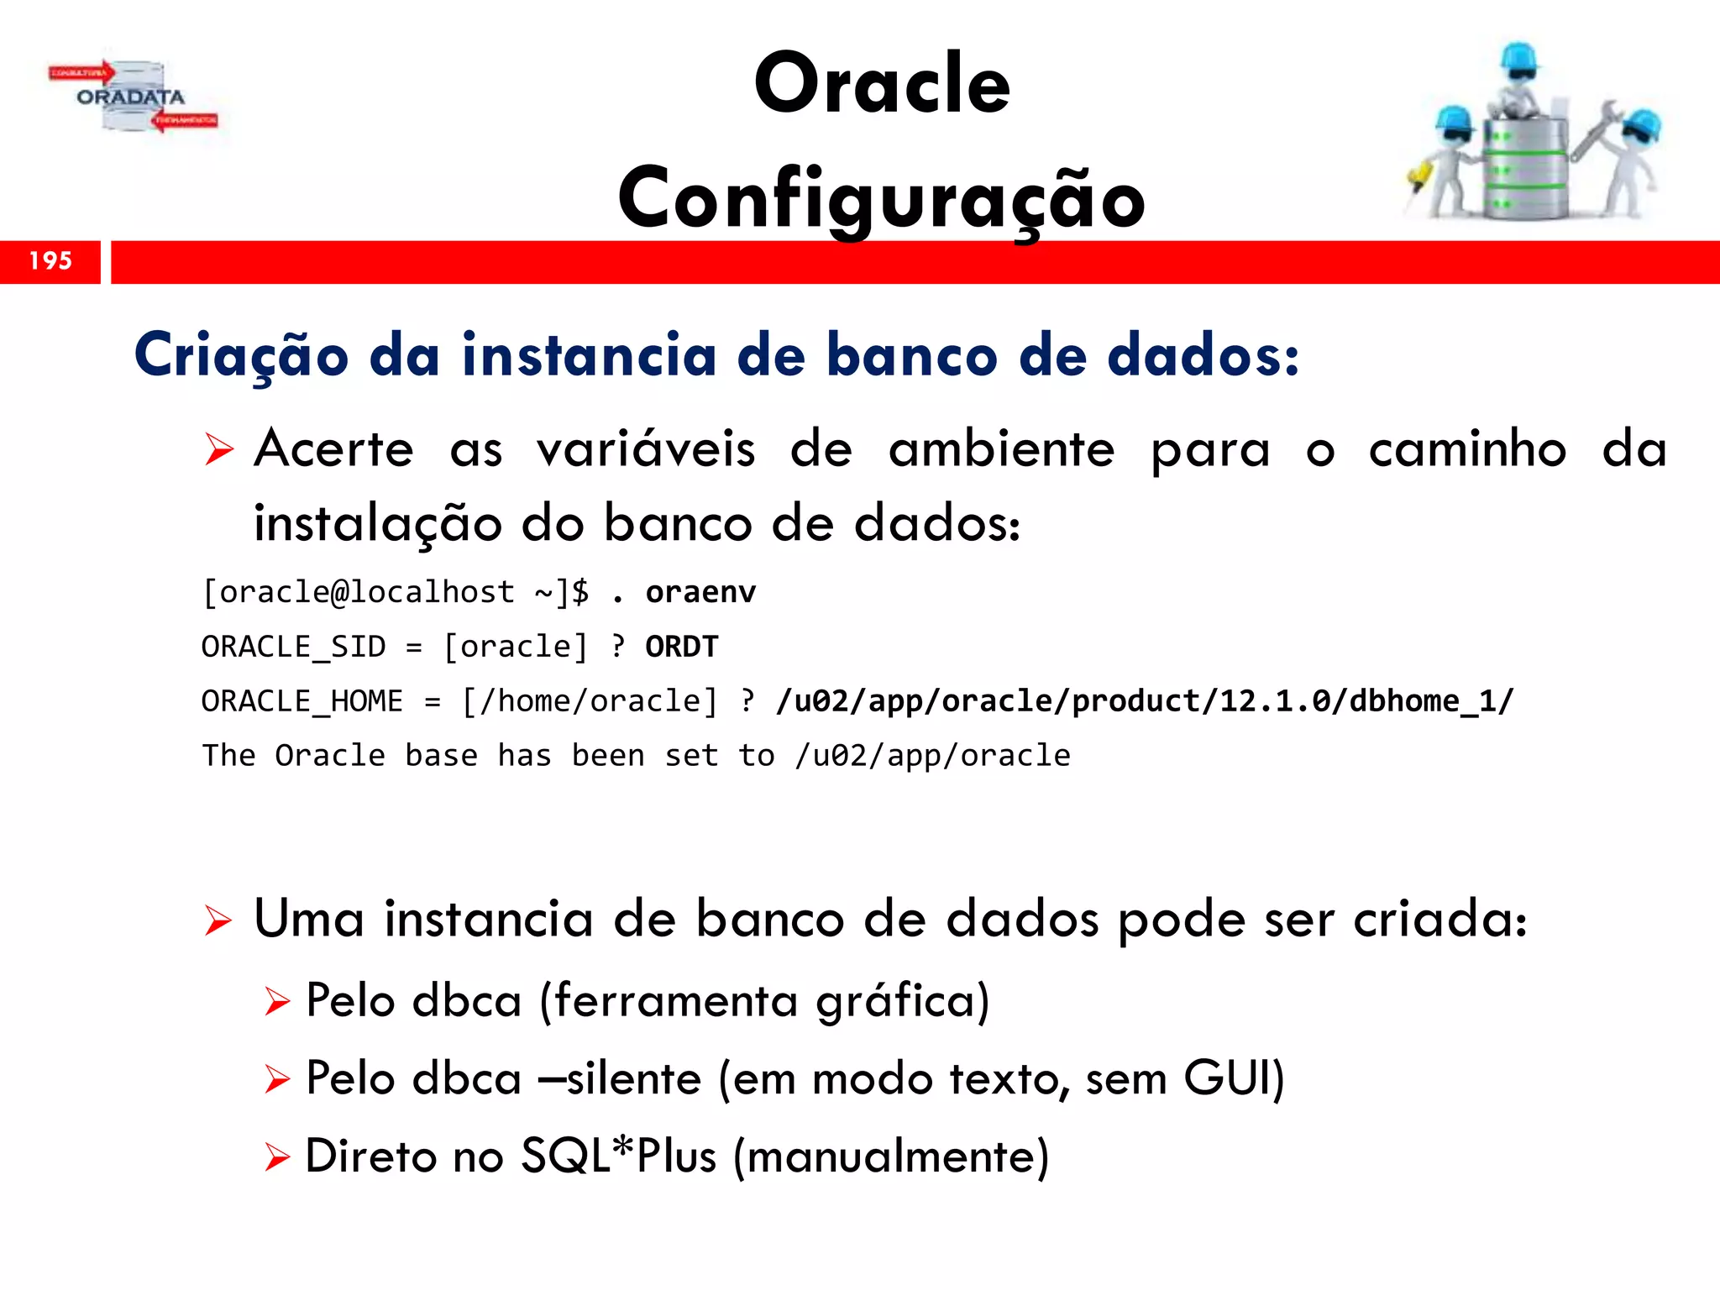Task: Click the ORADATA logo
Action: pyautogui.click(x=132, y=97)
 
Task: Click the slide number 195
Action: pyautogui.click(x=50, y=261)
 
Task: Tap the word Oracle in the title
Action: pyautogui.click(x=882, y=83)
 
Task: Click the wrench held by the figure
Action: pyautogui.click(x=1596, y=126)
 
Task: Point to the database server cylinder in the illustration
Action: pyautogui.click(x=1523, y=168)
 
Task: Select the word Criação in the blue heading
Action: pyautogui.click(x=241, y=355)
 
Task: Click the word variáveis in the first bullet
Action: pyautogui.click(x=646, y=448)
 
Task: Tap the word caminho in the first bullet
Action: pyautogui.click(x=1466, y=448)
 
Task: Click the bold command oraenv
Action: pyautogui.click(x=700, y=592)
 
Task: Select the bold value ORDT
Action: pyautogui.click(x=681, y=647)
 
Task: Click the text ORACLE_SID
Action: pyautogui.click(x=293, y=647)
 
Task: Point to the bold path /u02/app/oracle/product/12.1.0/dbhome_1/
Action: pyautogui.click(x=1145, y=701)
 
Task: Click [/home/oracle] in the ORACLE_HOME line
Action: pyautogui.click(x=590, y=701)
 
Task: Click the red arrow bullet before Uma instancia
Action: pyautogui.click(x=218, y=921)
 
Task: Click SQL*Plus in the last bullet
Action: pyautogui.click(x=618, y=1156)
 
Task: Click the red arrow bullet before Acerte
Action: pyautogui.click(x=218, y=450)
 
